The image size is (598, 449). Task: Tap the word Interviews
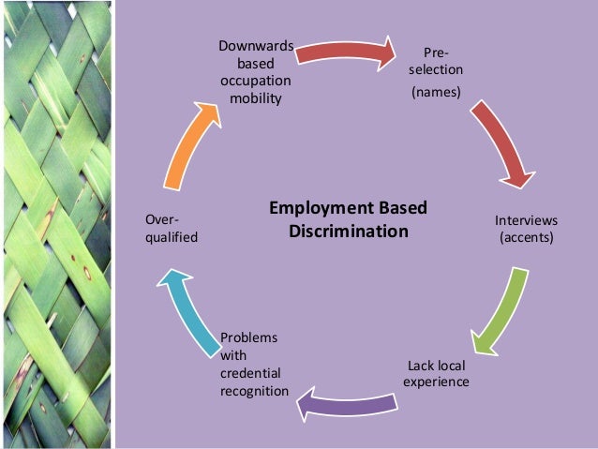[526, 220]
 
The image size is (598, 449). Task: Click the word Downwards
[256, 45]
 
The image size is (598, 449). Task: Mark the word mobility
[256, 98]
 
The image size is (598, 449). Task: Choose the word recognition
[255, 390]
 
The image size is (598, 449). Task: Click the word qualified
[172, 237]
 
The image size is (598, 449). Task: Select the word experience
[438, 382]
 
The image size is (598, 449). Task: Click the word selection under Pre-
[435, 70]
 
